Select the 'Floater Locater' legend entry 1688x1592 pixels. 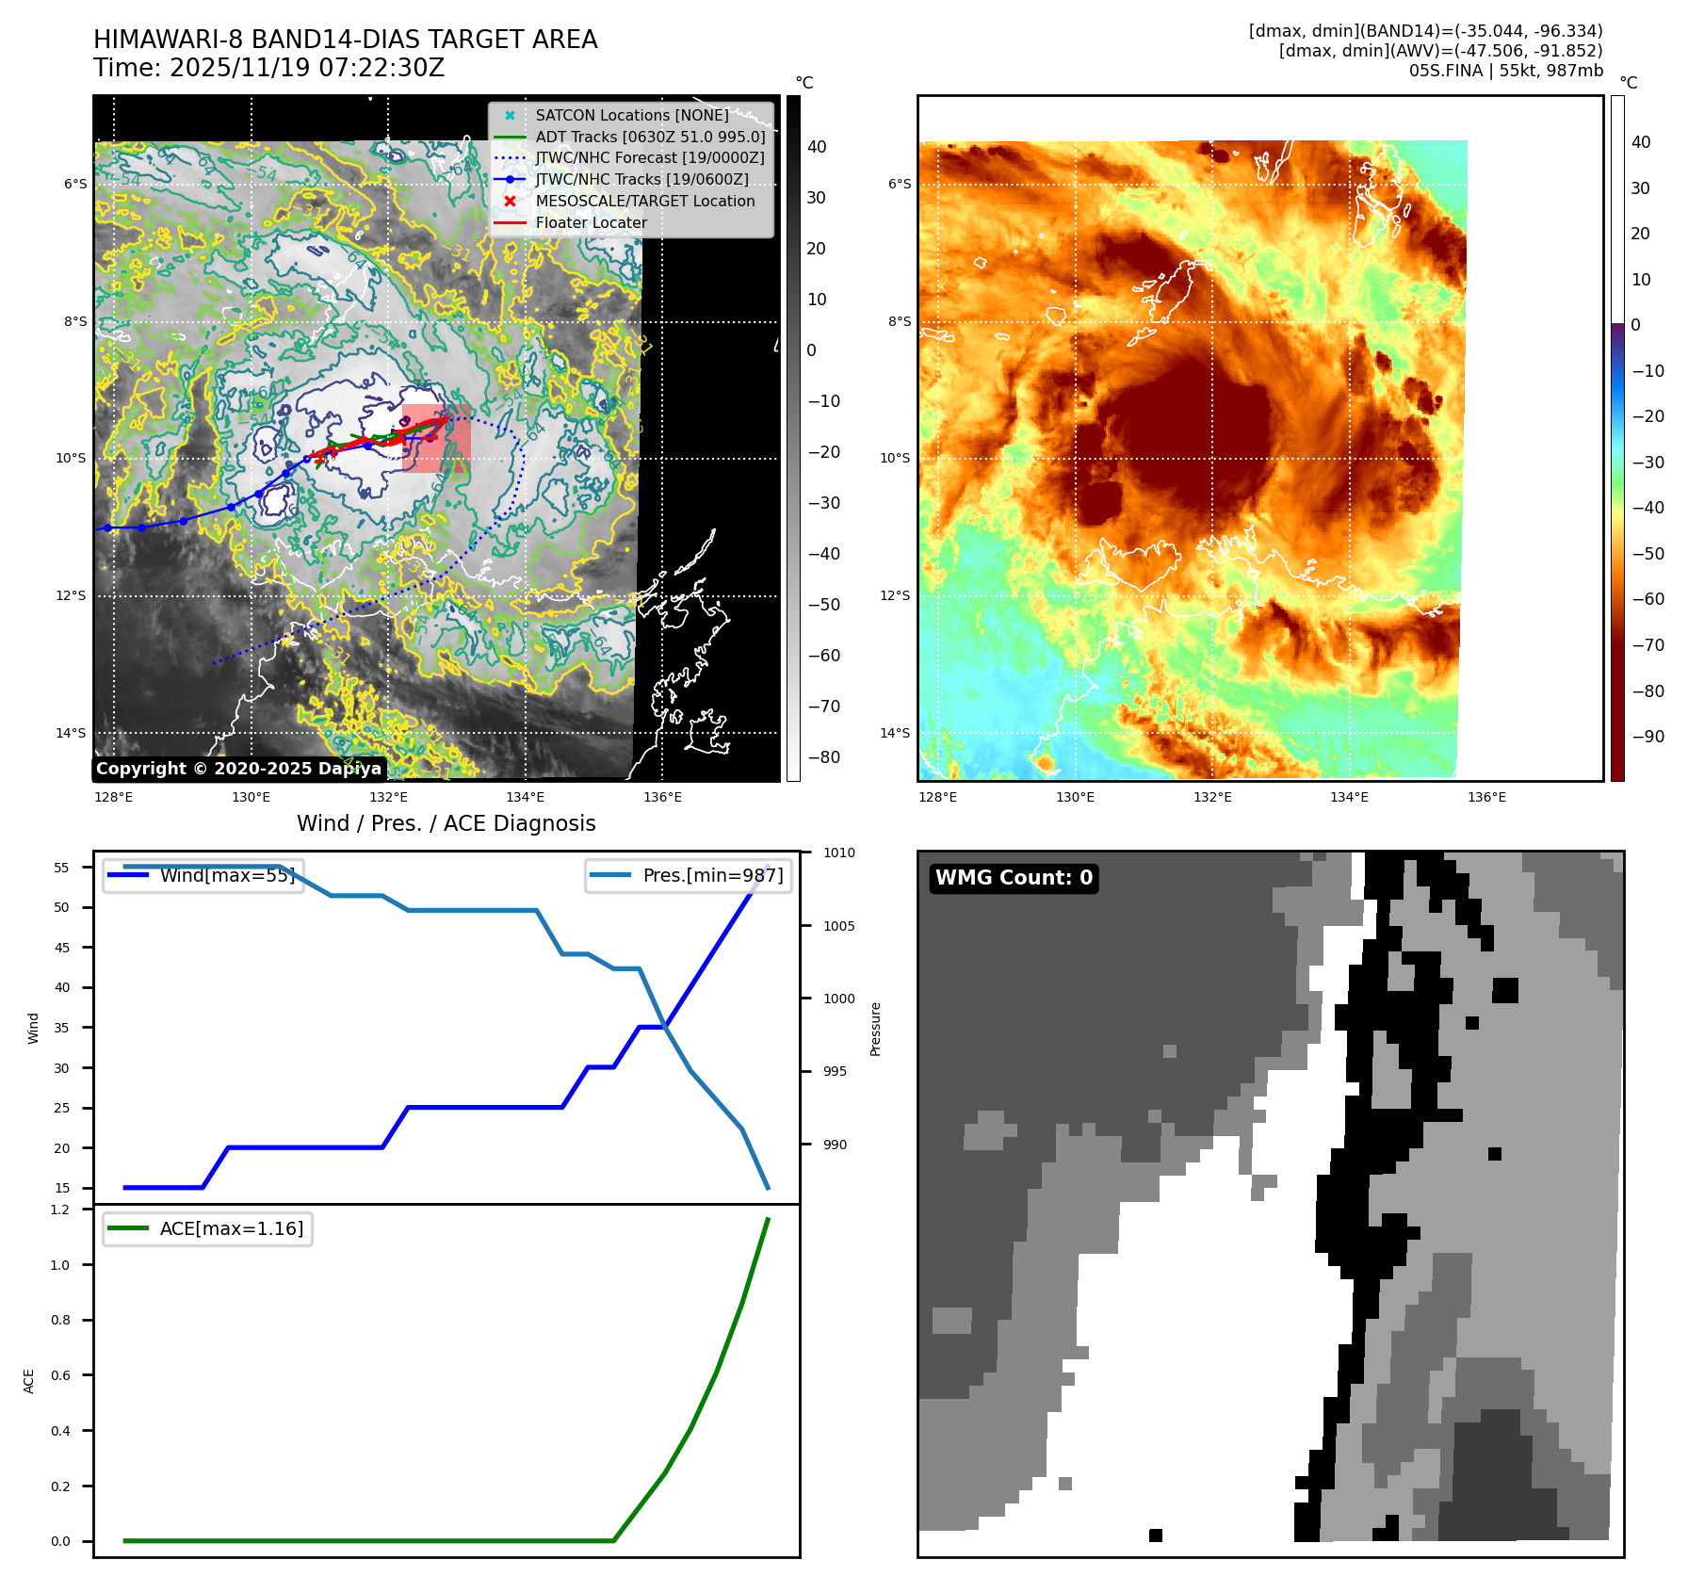[591, 223]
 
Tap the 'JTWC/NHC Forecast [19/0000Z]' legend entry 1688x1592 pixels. [649, 158]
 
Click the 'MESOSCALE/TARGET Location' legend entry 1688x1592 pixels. [644, 202]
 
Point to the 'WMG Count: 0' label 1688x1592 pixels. [1014, 878]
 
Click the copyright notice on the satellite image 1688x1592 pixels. [238, 769]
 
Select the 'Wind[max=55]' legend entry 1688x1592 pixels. [227, 875]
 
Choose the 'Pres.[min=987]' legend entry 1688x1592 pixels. [712, 875]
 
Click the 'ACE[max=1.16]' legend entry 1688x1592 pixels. [231, 1228]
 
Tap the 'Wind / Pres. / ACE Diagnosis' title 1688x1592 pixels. [446, 823]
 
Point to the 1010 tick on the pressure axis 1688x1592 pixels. [838, 853]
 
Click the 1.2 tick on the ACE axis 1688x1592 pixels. [60, 1210]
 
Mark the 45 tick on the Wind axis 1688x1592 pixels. [62, 948]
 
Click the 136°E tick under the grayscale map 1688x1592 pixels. [662, 798]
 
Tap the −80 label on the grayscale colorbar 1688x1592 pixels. [823, 757]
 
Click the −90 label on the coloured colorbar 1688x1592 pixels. [1647, 737]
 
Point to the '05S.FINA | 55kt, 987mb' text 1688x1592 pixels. [1505, 71]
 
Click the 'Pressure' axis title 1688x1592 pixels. [876, 1029]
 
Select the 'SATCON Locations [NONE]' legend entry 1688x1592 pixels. [631, 116]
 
